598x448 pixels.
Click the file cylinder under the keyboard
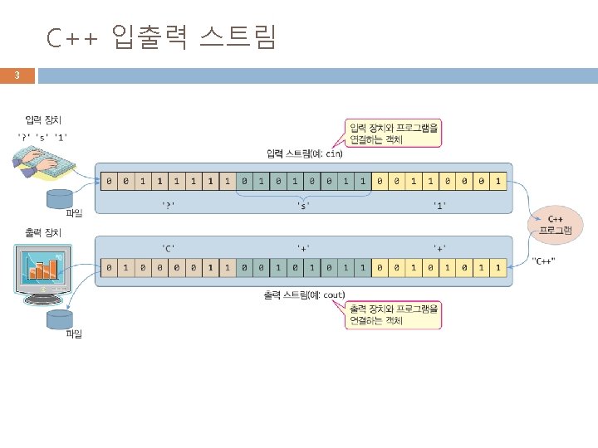coord(58,199)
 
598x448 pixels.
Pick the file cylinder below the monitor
coord(58,319)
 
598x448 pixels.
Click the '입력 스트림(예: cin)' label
coord(303,153)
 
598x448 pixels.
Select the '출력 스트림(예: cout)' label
coord(303,295)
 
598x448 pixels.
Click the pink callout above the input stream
coord(391,133)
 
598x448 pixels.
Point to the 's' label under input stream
coord(303,203)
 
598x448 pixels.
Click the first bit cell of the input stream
coord(108,179)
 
